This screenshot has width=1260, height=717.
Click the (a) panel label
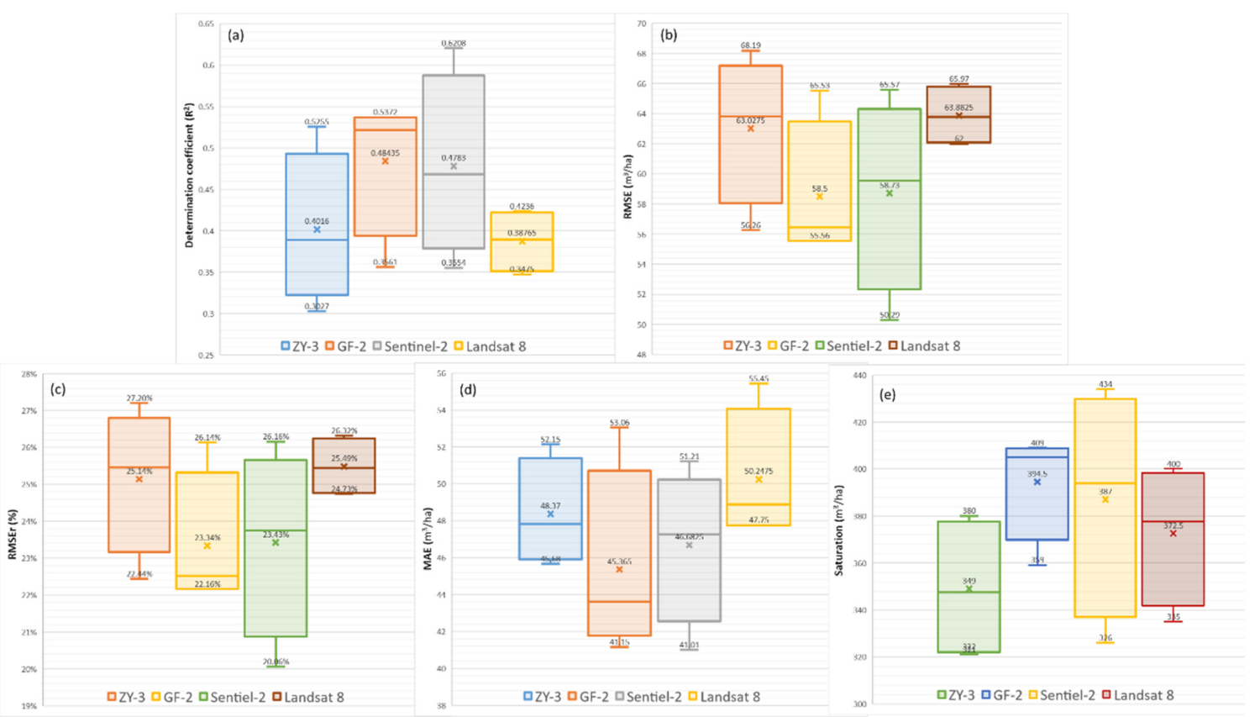point(236,35)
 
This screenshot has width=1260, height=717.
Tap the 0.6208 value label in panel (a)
point(454,44)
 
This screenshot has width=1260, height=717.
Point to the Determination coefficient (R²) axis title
point(190,176)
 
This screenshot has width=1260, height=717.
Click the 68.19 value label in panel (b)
point(750,45)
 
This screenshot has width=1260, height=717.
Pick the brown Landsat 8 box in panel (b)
point(958,114)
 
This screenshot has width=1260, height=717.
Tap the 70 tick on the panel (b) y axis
point(642,24)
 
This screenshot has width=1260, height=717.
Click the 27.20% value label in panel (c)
point(139,398)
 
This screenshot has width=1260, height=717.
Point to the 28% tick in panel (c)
point(29,374)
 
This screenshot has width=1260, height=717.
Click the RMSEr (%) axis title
point(13,534)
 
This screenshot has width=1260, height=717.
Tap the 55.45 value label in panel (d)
point(759,379)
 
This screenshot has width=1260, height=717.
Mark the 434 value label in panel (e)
point(1105,384)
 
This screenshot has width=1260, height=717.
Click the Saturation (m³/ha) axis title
point(839,541)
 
